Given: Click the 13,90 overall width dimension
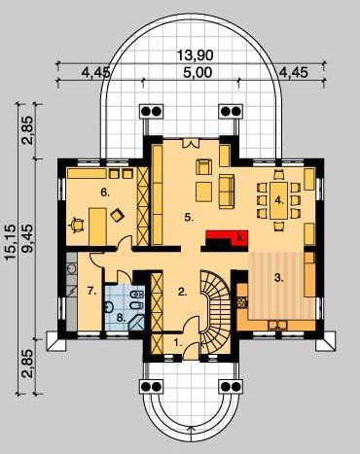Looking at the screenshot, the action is (196, 55).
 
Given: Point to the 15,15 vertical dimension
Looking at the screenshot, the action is (12, 242).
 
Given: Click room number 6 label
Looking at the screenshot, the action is (105, 192).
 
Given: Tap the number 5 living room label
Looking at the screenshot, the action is (189, 218).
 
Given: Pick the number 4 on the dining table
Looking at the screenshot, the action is (279, 200).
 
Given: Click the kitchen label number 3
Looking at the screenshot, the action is (278, 278).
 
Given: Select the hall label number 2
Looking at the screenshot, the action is (183, 292).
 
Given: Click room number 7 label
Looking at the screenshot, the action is (92, 291).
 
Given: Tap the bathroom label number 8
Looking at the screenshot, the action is (121, 318).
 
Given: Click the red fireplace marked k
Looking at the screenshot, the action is (227, 239).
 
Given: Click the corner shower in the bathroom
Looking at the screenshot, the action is (136, 322).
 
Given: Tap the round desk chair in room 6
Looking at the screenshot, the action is (77, 225).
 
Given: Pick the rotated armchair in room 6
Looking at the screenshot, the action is (117, 215).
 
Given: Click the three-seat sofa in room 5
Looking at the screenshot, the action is (227, 191).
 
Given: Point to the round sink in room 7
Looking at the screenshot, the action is (71, 268).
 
